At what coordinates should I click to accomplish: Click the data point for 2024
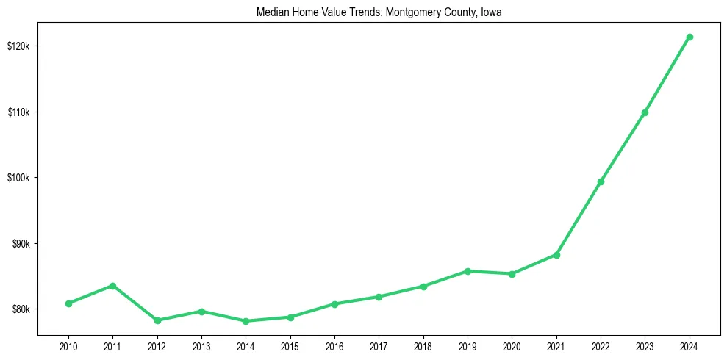click(x=690, y=37)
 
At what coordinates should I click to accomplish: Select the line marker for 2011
click(x=112, y=286)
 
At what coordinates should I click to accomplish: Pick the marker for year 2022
click(x=601, y=181)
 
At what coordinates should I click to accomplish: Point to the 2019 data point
click(x=468, y=271)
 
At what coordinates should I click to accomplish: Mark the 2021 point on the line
click(x=556, y=255)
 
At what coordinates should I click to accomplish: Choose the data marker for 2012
click(x=157, y=320)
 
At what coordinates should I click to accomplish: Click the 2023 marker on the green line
click(x=645, y=112)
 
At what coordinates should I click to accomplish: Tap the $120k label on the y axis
click(x=18, y=46)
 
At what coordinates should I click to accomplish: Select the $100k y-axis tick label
click(x=18, y=178)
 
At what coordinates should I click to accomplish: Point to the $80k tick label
click(x=20, y=309)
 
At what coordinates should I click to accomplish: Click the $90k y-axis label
click(x=20, y=244)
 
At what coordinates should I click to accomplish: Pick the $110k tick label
click(x=18, y=112)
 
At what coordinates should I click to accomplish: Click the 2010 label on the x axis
click(x=68, y=345)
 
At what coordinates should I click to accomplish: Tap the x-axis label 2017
click(x=379, y=345)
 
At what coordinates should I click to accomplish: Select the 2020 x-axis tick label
click(x=512, y=345)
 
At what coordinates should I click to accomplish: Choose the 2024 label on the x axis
click(x=690, y=345)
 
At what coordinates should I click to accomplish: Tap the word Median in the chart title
click(x=271, y=12)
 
